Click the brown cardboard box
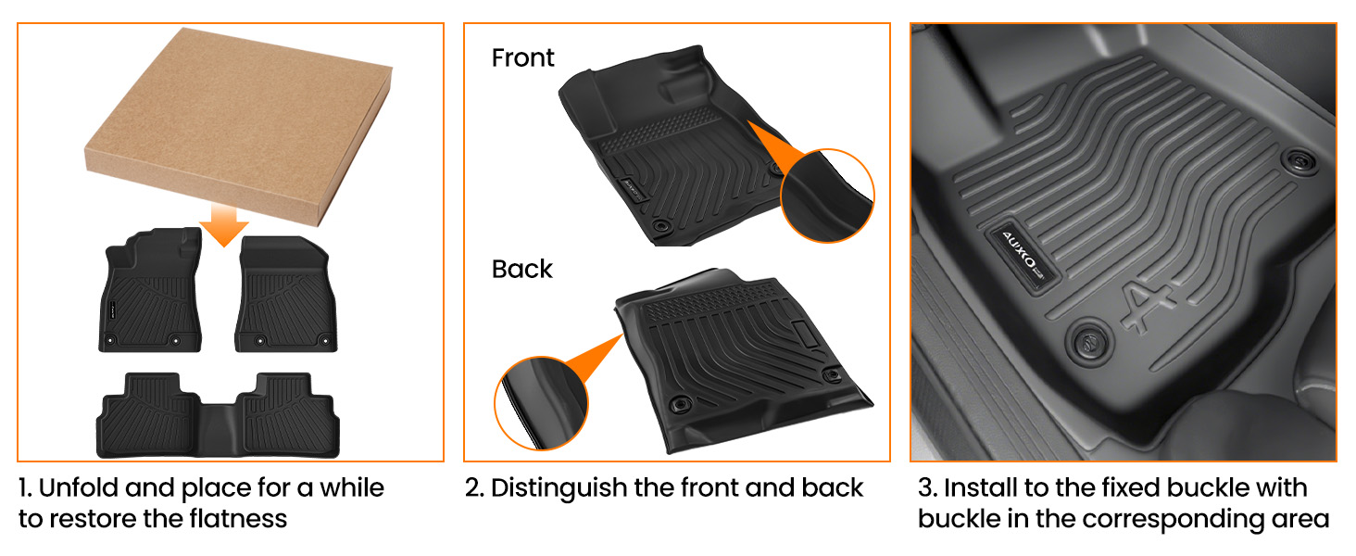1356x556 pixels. coord(239,124)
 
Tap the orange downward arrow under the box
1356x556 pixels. coord(224,224)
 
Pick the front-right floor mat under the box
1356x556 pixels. coord(285,294)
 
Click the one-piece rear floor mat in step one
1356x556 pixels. coord(218,415)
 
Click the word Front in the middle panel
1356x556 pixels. coord(522,58)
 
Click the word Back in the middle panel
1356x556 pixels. coord(521,269)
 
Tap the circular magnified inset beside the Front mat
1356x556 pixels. coord(827,196)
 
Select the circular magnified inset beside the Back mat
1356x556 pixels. coord(541,403)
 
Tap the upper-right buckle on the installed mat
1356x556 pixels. coord(1298,161)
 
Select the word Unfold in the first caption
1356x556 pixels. coord(79,487)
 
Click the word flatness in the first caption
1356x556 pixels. coord(238,519)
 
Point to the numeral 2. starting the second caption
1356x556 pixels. coord(474,488)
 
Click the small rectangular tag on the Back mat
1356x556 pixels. coord(805,335)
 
